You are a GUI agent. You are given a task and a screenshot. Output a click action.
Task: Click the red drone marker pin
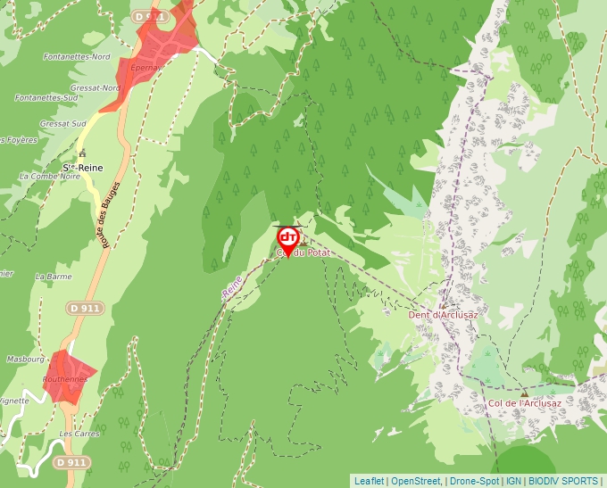(287, 239)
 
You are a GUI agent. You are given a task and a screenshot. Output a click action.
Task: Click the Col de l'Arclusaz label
(525, 402)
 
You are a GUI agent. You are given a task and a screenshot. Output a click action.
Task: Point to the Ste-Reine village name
(84, 167)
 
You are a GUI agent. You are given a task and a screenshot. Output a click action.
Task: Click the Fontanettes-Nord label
(77, 57)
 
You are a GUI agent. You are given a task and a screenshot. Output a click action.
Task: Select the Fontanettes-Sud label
(46, 98)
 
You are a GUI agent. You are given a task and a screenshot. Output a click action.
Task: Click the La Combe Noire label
(49, 177)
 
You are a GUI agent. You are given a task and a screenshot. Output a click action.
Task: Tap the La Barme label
(54, 277)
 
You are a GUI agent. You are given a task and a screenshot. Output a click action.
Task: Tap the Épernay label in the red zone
(145, 67)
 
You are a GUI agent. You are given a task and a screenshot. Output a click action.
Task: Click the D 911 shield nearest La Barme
(85, 308)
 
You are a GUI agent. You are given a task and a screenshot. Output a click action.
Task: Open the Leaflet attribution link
(369, 481)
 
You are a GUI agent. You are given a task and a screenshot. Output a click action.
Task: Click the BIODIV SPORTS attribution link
(563, 481)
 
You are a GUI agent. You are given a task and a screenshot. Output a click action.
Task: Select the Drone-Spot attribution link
(474, 481)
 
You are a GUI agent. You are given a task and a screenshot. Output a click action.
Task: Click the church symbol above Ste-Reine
(82, 153)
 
